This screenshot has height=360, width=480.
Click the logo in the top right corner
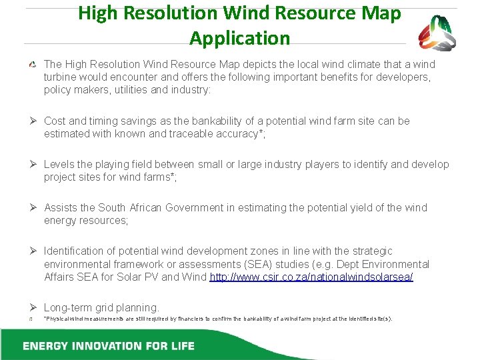(x=437, y=33)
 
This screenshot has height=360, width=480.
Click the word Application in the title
(x=240, y=38)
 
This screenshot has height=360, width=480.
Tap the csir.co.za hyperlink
(x=311, y=277)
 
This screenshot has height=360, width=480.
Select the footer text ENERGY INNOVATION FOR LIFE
(x=109, y=346)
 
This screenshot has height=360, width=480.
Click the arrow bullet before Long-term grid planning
(x=33, y=307)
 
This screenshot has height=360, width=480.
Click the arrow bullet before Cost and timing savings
(x=33, y=121)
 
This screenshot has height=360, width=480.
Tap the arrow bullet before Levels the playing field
(x=33, y=164)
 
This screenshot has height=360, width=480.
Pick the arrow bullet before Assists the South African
(x=33, y=207)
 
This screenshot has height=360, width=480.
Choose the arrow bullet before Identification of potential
(x=33, y=251)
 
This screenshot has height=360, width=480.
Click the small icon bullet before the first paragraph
(x=33, y=65)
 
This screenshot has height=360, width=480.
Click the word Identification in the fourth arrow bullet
(x=75, y=251)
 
